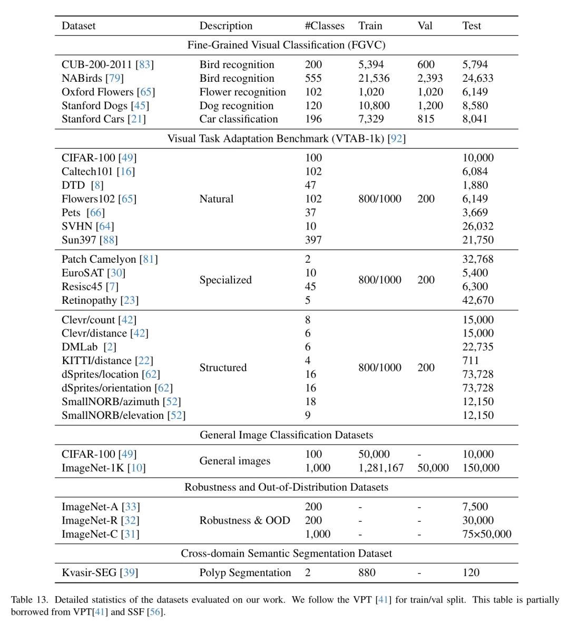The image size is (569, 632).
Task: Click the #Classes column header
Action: coord(324,26)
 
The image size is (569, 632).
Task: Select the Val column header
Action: coord(425,26)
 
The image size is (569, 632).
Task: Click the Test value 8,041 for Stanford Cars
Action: coord(475,119)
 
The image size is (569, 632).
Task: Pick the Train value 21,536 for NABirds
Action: coord(374,78)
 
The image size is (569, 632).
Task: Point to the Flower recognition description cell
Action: coord(242,92)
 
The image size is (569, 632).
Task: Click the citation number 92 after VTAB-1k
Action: coord(396,139)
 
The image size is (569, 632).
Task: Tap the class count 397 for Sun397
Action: coord(313,240)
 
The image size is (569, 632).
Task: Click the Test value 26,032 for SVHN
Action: coord(478,226)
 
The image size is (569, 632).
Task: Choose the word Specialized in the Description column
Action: coord(225,280)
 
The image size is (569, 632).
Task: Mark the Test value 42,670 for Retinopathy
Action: coord(478,300)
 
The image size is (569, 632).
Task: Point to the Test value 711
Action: coord(470,361)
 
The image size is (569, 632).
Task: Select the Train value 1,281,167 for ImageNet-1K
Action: coord(381,468)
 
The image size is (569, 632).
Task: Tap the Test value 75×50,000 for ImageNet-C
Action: coord(486,534)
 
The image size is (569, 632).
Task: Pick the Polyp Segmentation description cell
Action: coord(245,573)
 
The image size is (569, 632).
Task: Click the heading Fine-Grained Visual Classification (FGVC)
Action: coord(286,45)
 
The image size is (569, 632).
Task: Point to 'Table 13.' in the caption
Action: coord(30,600)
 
